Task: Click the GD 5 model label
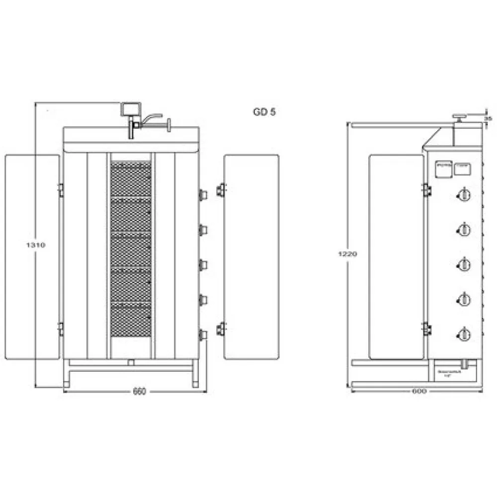click(x=264, y=112)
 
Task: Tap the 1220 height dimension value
click(x=349, y=253)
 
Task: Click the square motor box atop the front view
click(x=130, y=109)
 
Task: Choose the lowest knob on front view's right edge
click(x=202, y=335)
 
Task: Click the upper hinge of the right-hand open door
click(x=220, y=190)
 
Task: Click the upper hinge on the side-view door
click(x=426, y=189)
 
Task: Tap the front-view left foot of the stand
click(x=66, y=383)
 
